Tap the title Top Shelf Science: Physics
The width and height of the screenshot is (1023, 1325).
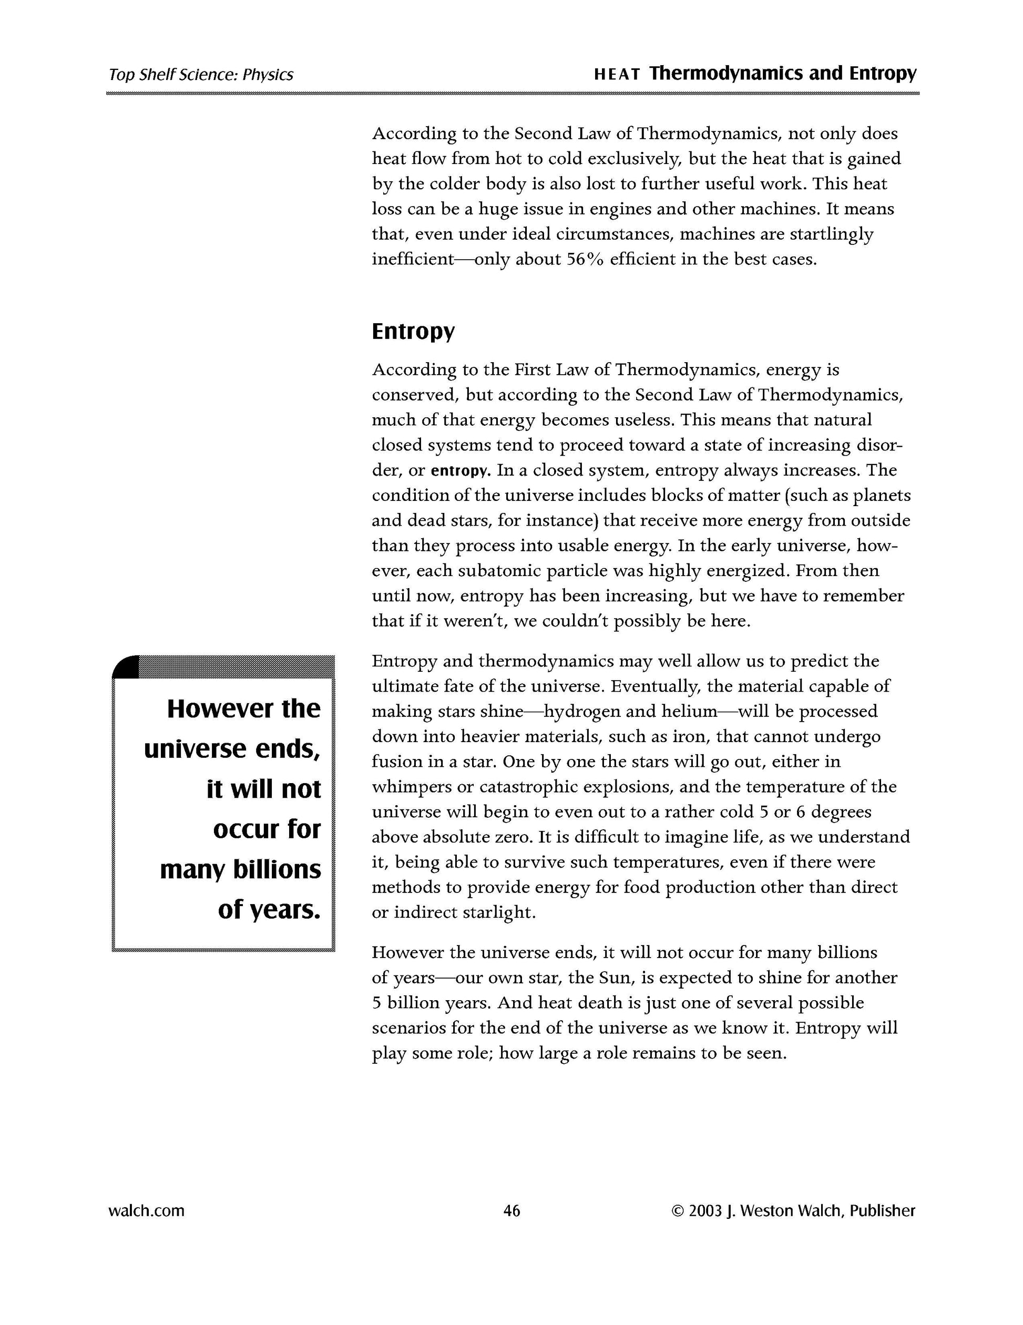(201, 75)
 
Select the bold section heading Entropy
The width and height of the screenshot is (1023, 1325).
(413, 332)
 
